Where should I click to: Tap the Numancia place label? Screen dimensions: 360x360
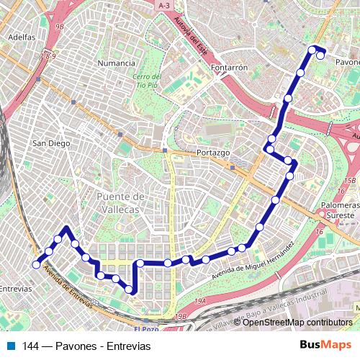tap(116, 63)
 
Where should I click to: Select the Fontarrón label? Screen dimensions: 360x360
tap(230, 67)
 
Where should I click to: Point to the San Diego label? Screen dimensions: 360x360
tap(51, 143)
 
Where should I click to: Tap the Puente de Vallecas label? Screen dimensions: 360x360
tap(121, 202)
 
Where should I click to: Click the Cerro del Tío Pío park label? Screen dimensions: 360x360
tap(146, 81)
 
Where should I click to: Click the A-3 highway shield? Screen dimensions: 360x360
tap(164, 5)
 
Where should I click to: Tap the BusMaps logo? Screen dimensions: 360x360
tap(326, 346)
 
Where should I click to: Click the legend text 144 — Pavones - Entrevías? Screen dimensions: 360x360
tap(86, 346)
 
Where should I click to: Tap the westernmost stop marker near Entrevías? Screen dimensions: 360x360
tap(36, 265)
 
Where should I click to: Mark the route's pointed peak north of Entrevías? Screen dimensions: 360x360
tap(66, 228)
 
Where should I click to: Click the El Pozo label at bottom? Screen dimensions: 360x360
tap(150, 329)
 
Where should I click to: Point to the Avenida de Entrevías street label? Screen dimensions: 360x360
tap(68, 288)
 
